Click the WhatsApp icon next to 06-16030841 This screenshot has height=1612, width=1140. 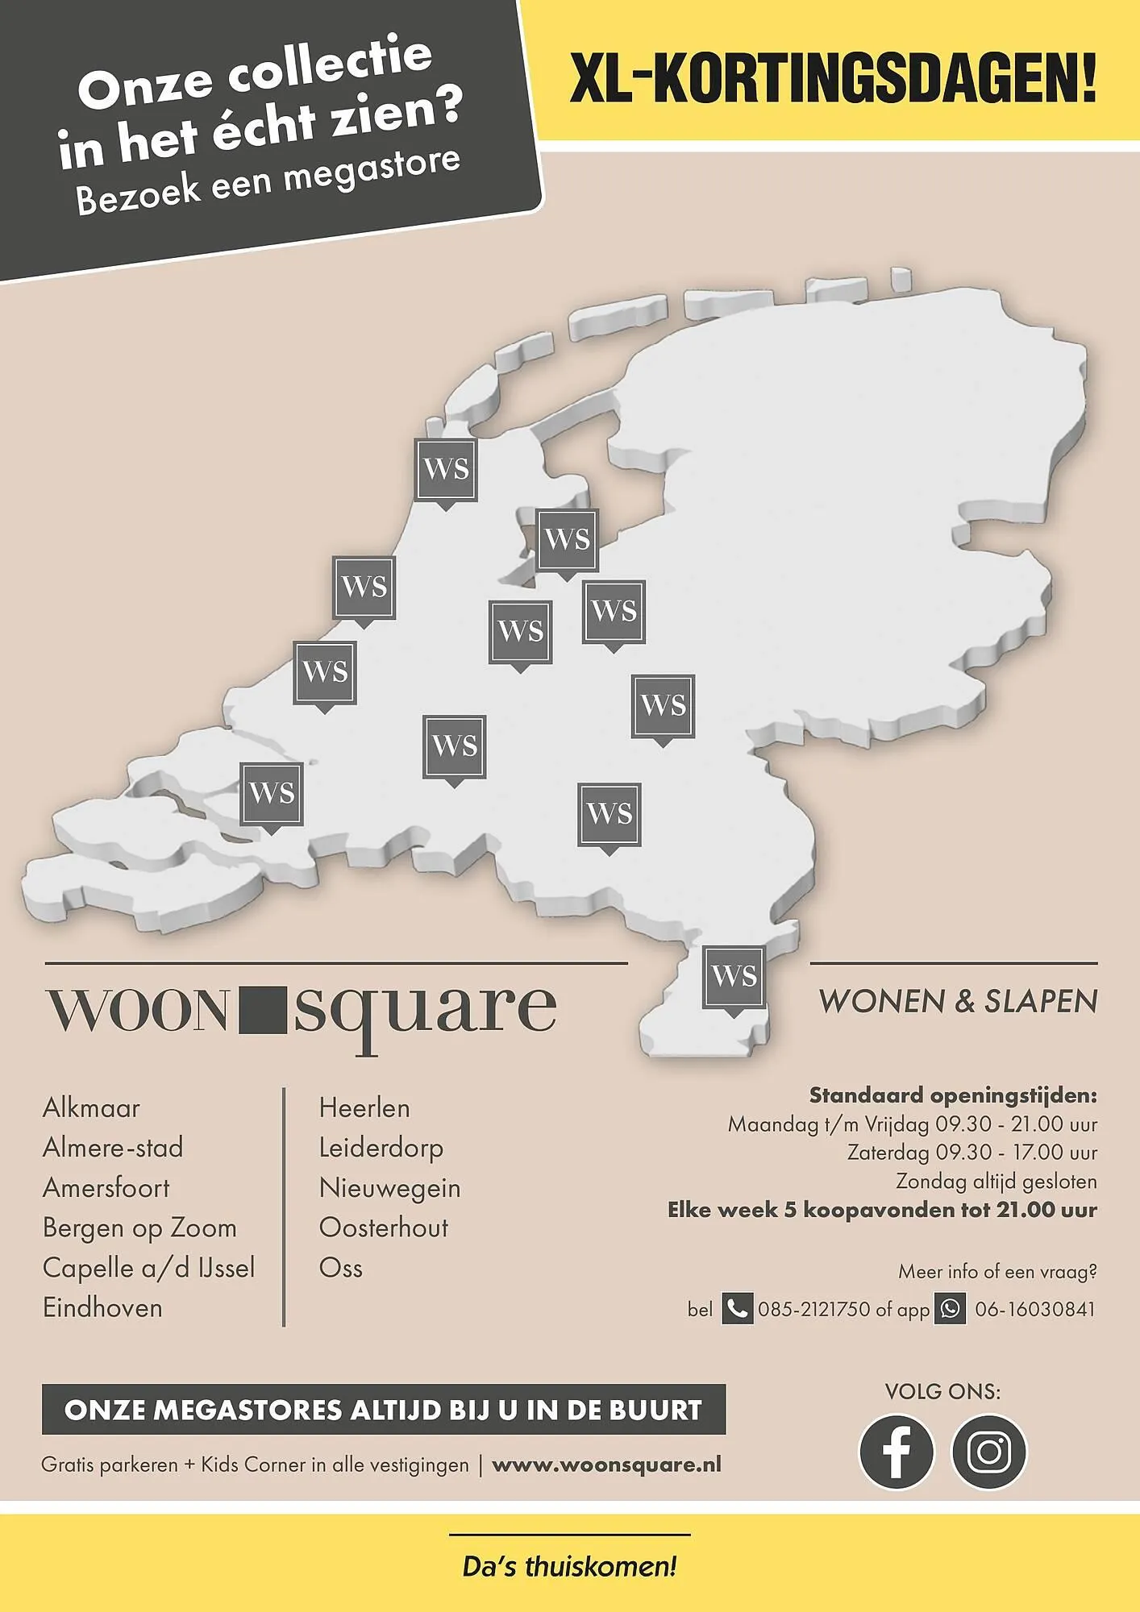pos(950,1309)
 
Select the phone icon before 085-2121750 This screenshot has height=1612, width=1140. pos(737,1309)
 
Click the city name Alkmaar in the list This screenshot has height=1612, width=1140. pos(91,1108)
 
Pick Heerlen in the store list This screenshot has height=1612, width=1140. pos(364,1108)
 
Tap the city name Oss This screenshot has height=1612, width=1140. pos(341,1268)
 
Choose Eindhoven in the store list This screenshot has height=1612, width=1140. pos(102,1307)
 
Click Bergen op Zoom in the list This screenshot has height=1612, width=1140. pos(139,1228)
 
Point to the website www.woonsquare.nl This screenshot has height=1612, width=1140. pos(606,1465)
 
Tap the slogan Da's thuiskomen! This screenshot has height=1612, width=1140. pos(569,1567)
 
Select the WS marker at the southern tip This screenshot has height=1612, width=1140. pos(734,977)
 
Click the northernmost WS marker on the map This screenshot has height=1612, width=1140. pos(445,469)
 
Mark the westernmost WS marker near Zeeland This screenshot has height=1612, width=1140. pos(272,794)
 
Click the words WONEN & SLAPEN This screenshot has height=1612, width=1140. pos(958,1001)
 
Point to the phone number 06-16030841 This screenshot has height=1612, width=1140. pos(1035,1309)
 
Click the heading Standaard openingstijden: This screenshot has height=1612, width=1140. pos(953,1095)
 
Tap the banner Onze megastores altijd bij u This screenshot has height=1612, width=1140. pos(383,1410)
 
